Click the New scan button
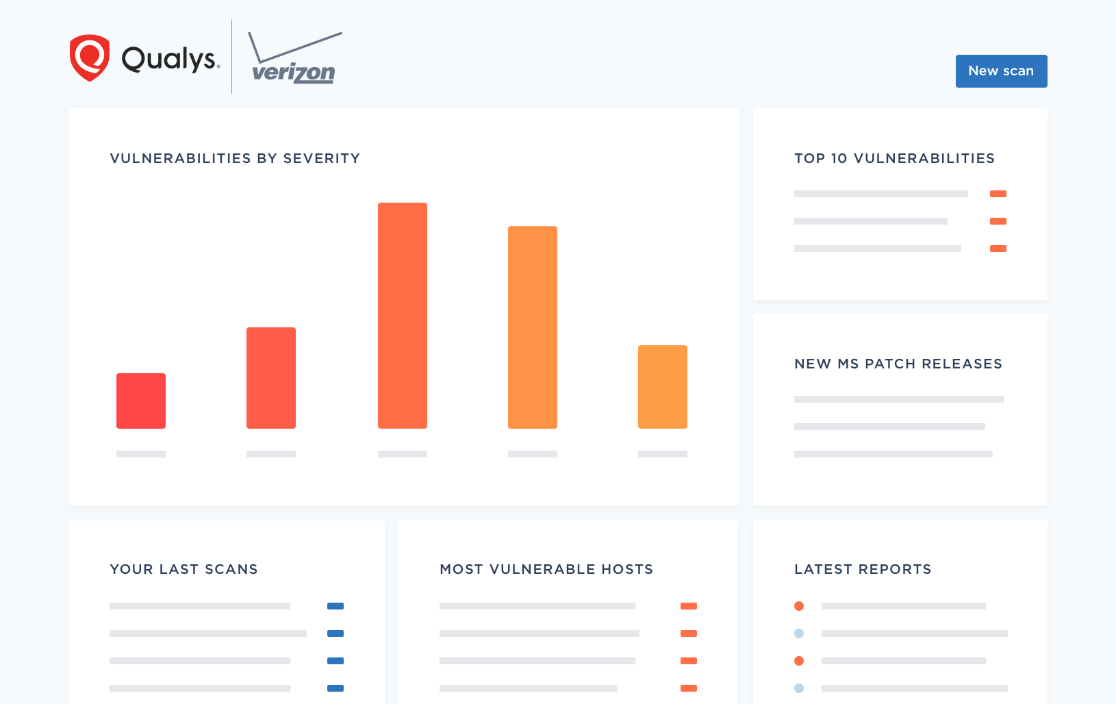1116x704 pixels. tap(1001, 71)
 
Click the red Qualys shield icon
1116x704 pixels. tap(90, 58)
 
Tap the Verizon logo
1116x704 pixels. tap(294, 60)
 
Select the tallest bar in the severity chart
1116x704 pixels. tap(403, 315)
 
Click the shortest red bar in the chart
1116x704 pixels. tap(141, 401)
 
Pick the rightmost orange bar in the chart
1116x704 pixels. tap(663, 387)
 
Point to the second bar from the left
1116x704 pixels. tap(271, 378)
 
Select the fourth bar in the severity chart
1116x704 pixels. tap(533, 327)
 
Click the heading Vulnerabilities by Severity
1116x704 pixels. tap(235, 158)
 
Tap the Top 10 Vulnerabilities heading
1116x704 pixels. tap(894, 158)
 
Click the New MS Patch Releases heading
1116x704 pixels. tap(898, 364)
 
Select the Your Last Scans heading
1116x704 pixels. tap(183, 569)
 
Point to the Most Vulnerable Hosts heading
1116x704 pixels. tap(546, 569)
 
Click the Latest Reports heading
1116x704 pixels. tap(863, 569)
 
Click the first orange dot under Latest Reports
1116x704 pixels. tap(799, 606)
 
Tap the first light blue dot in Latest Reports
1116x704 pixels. tap(799, 633)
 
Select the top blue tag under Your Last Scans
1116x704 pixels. tap(335, 606)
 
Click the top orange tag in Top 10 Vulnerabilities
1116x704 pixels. tap(998, 194)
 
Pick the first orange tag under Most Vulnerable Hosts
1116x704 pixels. tap(689, 606)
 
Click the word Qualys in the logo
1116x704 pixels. tap(170, 59)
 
